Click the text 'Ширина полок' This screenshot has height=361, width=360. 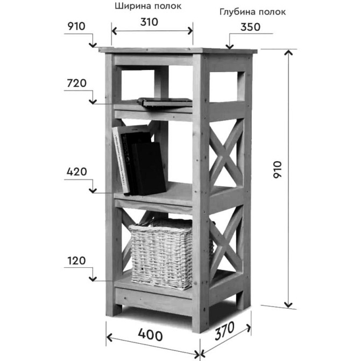148,6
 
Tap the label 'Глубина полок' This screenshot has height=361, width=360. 252,12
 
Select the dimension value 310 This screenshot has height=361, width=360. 149,22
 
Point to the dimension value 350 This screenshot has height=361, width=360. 250,27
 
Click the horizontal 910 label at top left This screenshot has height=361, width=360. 76,26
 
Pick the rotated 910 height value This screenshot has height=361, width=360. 278,169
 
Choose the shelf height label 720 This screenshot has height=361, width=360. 76,83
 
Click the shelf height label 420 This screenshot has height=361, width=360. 76,172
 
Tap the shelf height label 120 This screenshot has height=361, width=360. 76,261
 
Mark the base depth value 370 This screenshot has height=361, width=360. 224,331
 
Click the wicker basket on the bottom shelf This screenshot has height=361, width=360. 161,254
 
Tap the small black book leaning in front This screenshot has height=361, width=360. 149,169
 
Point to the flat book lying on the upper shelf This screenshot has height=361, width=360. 165,102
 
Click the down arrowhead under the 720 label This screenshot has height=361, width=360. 93,101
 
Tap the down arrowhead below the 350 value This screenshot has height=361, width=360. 229,46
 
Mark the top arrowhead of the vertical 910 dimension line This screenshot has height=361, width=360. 288,53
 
